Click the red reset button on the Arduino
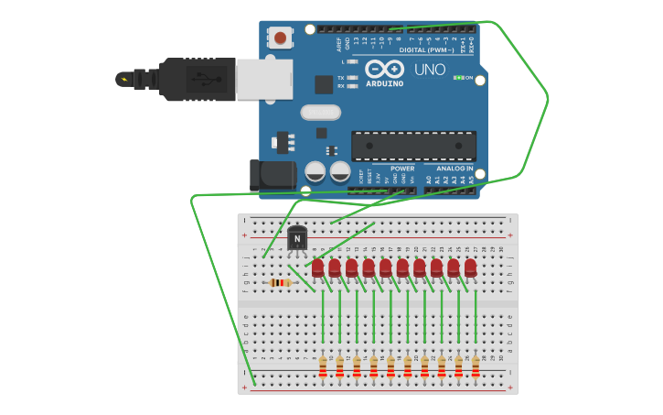tap(279, 38)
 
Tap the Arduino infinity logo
tap(384, 70)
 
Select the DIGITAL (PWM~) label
tap(423, 50)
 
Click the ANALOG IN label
tap(454, 169)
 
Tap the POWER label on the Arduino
tap(402, 169)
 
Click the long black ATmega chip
tap(413, 146)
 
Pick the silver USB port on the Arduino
tap(263, 79)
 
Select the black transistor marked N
tap(297, 239)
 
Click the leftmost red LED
tap(318, 268)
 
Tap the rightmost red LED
tap(470, 268)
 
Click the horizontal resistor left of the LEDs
tap(281, 283)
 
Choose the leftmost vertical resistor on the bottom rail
tap(323, 367)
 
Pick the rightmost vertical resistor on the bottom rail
tap(476, 367)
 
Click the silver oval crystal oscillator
tap(320, 113)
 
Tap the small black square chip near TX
tap(324, 84)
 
